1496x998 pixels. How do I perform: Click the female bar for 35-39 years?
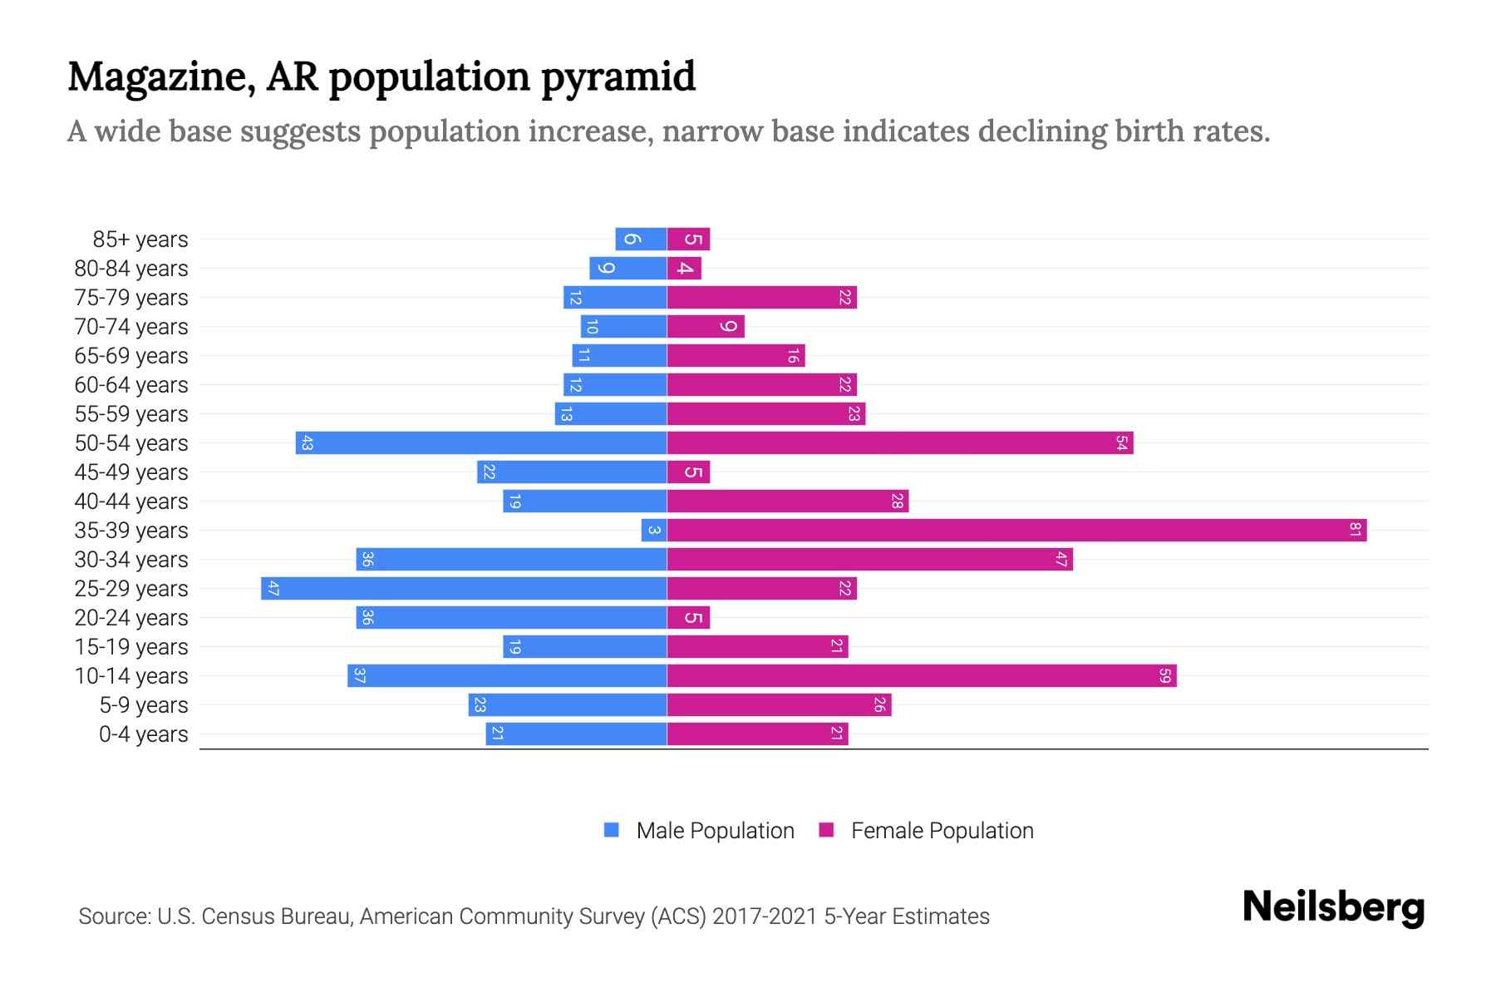[1016, 530]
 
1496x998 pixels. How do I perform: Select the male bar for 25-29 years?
[464, 588]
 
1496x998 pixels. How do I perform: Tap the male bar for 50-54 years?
[481, 442]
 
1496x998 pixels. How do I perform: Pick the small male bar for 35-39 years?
[654, 530]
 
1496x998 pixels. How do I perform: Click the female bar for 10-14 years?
[921, 675]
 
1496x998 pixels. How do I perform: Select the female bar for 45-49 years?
[688, 472]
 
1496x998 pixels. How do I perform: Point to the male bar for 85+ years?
[641, 239]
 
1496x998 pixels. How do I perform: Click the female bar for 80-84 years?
[684, 268]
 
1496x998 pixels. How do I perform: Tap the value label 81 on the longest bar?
[1355, 530]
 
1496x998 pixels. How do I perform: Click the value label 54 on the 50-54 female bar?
[1121, 442]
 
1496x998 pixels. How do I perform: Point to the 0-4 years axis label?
[143, 734]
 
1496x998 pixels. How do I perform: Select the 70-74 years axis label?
[131, 327]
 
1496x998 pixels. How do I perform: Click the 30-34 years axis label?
[131, 560]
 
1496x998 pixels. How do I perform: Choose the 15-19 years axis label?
[131, 647]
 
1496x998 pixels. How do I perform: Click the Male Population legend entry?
[715, 831]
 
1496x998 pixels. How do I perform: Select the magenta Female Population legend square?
[826, 830]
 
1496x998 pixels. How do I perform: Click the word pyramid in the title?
[618, 77]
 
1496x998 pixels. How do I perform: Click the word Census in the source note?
[237, 916]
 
